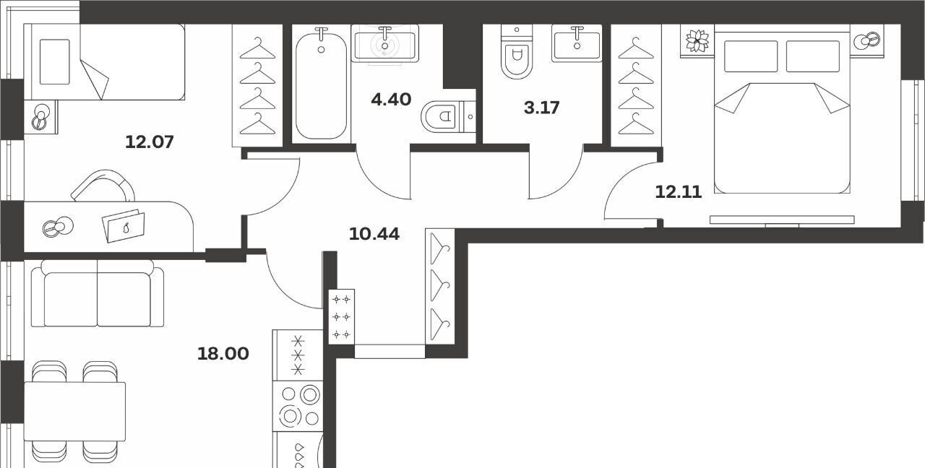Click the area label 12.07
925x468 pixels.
[149, 142]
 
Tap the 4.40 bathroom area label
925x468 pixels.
[391, 100]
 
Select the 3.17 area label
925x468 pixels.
[541, 108]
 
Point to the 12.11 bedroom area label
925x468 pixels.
[679, 192]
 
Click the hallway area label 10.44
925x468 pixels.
[374, 234]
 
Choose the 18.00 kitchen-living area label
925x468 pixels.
[223, 354]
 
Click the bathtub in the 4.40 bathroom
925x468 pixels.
[321, 84]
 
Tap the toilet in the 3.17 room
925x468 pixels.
[516, 51]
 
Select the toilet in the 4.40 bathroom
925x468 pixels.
[449, 117]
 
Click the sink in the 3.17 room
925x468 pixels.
[577, 43]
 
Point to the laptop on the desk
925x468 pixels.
[124, 226]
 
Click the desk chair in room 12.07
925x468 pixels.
[103, 186]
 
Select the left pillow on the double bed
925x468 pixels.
[750, 56]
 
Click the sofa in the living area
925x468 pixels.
[98, 293]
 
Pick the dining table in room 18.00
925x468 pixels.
[74, 412]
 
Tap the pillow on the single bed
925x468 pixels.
[54, 62]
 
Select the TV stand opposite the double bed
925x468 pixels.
[782, 220]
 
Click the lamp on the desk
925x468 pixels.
[58, 227]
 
